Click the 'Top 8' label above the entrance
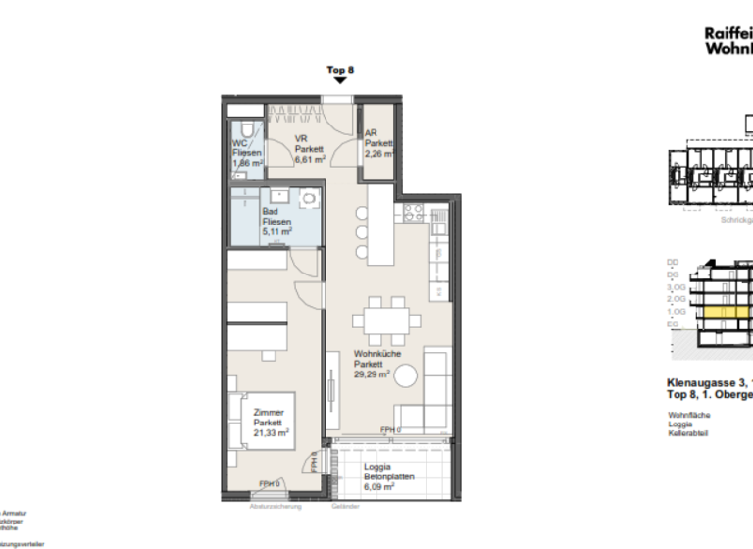coord(339,70)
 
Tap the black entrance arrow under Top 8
coord(339,83)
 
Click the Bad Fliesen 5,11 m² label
coord(276,222)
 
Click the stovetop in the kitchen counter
coord(413,213)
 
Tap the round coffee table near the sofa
coord(407,376)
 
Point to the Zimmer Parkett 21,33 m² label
coord(270,423)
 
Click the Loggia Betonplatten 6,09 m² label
coord(378,476)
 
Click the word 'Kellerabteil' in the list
coord(688,434)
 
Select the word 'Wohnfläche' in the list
coord(688,415)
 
